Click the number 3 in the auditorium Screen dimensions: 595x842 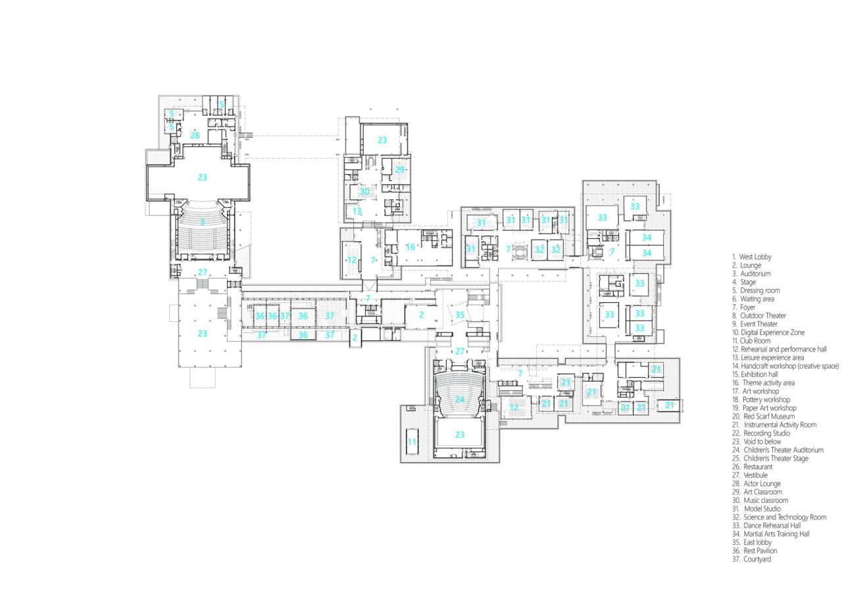point(202,222)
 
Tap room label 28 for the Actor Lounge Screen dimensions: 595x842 point(195,136)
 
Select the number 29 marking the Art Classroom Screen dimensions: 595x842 point(400,170)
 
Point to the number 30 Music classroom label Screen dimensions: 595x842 point(364,192)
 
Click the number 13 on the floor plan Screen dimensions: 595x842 point(357,211)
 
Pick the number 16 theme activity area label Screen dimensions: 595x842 point(410,247)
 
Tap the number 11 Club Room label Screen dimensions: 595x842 point(412,442)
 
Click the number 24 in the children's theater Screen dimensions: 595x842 point(460,400)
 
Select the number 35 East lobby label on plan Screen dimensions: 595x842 point(460,315)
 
